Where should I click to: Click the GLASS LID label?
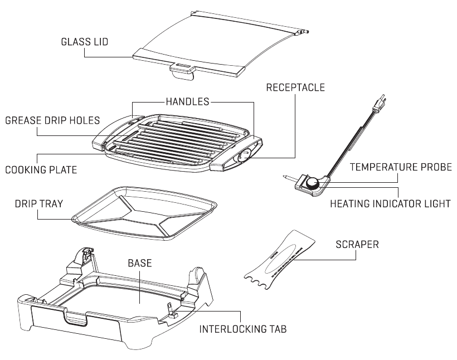[x=84, y=42]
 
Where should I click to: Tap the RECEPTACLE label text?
[x=295, y=87]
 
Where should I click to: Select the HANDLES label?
[x=187, y=101]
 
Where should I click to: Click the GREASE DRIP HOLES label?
[x=52, y=120]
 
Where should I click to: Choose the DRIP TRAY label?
[x=37, y=204]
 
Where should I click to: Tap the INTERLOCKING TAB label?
[x=243, y=329]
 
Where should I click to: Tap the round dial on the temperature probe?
[x=314, y=182]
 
